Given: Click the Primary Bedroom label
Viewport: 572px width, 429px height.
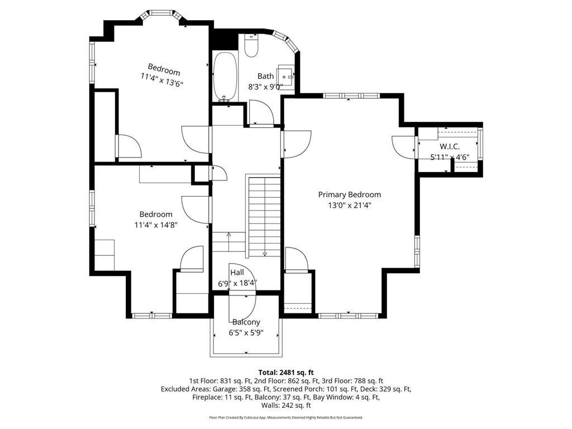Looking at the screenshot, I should click(349, 194).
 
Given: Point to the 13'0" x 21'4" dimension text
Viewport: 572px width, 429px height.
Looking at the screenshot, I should click(349, 205).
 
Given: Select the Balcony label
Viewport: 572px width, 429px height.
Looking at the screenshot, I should click(246, 322).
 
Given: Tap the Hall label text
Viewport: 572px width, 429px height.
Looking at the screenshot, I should click(237, 273).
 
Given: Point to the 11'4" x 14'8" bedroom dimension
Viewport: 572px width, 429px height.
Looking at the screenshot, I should click(156, 225).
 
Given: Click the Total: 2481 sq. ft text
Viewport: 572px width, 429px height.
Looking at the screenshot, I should click(286, 372).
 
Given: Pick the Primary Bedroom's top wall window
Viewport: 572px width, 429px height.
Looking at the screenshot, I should click(349, 96).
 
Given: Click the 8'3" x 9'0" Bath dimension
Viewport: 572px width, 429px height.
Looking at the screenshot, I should click(266, 87).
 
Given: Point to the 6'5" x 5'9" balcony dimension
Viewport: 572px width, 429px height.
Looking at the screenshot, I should click(246, 333).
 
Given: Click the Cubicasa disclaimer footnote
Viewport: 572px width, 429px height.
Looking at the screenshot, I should click(286, 417).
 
